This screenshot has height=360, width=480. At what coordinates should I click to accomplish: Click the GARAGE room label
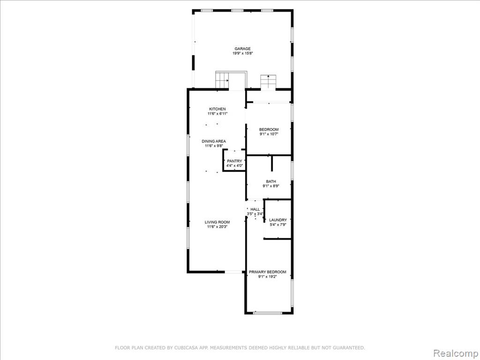coord(242,49)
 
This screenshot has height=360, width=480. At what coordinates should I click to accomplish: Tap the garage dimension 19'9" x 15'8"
coord(242,53)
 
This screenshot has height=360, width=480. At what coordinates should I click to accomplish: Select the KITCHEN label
coord(217,109)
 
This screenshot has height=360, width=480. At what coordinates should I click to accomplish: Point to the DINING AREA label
coord(214,141)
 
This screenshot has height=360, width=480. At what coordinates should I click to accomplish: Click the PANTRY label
coord(234,161)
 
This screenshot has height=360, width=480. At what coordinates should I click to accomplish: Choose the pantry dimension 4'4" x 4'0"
coord(234,165)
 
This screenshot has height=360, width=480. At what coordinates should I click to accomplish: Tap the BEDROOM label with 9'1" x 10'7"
coord(269,129)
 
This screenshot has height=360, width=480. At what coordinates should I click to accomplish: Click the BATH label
coord(271,181)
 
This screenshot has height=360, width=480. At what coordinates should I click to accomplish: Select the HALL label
coord(255,210)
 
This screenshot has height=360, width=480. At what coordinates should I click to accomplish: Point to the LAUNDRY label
coord(278,220)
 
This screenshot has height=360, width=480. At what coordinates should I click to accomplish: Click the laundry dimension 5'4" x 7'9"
coord(278,225)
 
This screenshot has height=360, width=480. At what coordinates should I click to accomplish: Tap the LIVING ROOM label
coord(217,222)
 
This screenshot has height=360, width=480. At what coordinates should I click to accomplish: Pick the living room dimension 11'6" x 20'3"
coord(217,227)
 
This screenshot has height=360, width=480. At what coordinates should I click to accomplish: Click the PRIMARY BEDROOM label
coord(268,272)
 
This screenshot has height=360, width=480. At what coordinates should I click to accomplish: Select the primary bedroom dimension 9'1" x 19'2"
coord(268,277)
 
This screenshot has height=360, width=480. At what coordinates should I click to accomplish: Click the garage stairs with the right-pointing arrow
coord(222,80)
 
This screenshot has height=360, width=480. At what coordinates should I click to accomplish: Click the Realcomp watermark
coord(455,353)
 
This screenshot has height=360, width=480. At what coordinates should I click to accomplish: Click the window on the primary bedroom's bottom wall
coord(268,313)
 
